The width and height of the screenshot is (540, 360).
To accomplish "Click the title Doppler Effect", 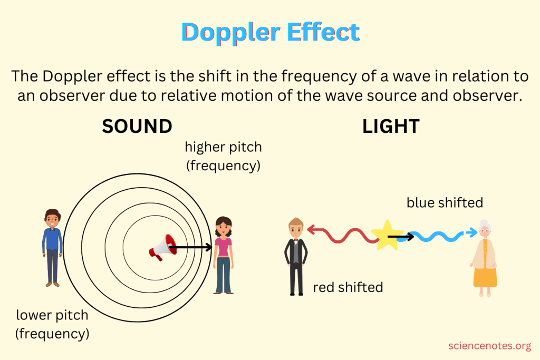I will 270,33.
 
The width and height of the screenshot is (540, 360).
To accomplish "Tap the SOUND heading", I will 137,127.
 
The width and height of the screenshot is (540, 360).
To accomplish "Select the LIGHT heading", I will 391,127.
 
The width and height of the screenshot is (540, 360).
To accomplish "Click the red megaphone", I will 161,247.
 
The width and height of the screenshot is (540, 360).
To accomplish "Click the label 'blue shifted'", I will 445,202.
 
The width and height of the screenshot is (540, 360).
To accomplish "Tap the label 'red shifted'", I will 348,287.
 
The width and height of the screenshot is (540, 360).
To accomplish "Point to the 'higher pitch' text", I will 223,147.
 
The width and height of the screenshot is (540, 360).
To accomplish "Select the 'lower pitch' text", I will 52,316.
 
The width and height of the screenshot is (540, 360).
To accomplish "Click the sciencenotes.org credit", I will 489,346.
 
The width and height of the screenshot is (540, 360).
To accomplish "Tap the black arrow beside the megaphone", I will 191,247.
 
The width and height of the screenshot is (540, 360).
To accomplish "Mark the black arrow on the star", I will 401,237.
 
